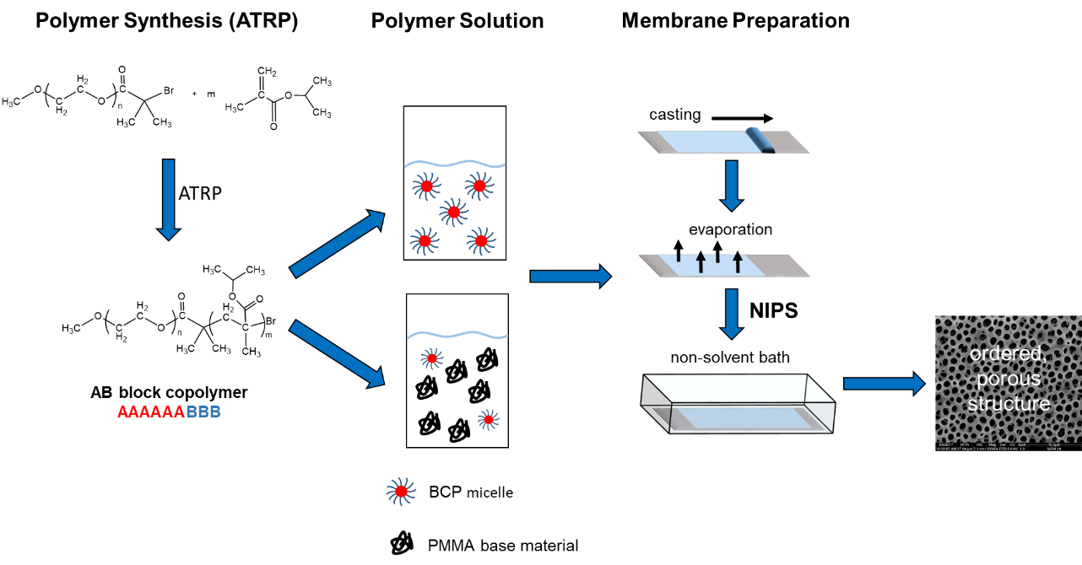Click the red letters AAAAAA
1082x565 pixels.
(x=151, y=412)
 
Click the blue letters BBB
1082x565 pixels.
(x=203, y=412)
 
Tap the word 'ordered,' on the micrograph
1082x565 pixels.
(x=1008, y=354)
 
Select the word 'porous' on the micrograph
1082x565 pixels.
(x=1008, y=379)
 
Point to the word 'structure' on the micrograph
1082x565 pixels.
(x=1009, y=404)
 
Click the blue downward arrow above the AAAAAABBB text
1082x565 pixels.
(x=169, y=199)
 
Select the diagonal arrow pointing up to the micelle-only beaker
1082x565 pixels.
(x=337, y=244)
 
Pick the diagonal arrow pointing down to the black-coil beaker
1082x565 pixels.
(x=337, y=353)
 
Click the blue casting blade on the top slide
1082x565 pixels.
(x=760, y=139)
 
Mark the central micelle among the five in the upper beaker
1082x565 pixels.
(x=453, y=213)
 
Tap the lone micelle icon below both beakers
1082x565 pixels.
(x=401, y=492)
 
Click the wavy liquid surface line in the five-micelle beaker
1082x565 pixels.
(x=455, y=164)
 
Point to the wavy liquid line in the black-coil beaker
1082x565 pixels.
(x=457, y=335)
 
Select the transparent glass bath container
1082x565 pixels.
(x=738, y=404)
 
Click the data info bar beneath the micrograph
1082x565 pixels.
(x=1008, y=446)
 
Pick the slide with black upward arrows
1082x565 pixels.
(x=724, y=265)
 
